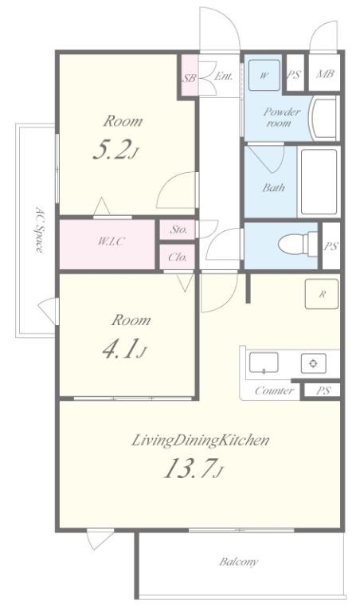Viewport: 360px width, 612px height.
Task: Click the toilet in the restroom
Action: pos(299,245)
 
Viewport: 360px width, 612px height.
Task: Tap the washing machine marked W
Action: pos(264,75)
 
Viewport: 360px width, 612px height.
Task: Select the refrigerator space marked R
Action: pos(322,294)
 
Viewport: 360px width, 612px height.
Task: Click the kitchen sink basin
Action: pos(264,363)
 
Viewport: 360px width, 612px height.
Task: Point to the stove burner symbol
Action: pos(313,363)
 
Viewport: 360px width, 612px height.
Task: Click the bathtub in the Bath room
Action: pos(319,182)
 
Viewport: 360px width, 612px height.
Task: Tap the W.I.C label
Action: pos(112,241)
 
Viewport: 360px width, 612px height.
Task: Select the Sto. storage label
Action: pos(178,229)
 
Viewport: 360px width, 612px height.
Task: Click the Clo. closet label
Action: pos(178,257)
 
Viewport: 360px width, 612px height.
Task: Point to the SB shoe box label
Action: pos(190,78)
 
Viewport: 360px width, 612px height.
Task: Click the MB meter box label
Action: pos(325,74)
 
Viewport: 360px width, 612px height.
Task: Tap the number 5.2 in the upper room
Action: pos(111,151)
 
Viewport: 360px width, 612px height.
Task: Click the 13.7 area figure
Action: pos(189,469)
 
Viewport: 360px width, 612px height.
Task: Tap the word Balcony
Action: pos(239,562)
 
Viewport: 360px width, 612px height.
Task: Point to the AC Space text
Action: pos(39,229)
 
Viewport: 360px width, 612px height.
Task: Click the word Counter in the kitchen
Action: pos(274,390)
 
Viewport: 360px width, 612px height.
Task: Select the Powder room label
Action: pos(281,117)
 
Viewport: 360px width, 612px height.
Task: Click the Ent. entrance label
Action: pos(224,76)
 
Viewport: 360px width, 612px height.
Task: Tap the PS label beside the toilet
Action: pos(331,247)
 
